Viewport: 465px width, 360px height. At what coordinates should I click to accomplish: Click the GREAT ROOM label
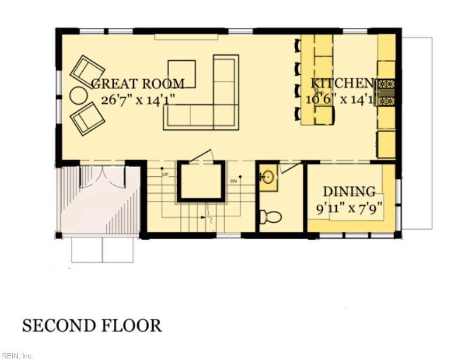[138, 84]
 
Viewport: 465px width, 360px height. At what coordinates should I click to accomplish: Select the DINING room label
[349, 191]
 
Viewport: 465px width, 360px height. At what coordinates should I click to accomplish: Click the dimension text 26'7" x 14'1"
[138, 100]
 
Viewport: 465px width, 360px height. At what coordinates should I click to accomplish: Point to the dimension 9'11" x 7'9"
[349, 208]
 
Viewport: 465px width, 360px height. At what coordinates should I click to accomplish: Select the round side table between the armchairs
[78, 95]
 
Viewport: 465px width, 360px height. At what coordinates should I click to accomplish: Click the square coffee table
[182, 74]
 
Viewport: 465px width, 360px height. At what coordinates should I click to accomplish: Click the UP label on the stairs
[165, 174]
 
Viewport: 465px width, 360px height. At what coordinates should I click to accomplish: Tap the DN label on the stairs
[233, 181]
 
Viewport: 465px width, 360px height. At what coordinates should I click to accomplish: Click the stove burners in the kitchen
[386, 92]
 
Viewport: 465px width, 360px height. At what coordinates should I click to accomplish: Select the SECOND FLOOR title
[92, 325]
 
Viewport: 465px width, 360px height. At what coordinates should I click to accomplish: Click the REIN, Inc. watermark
[17, 356]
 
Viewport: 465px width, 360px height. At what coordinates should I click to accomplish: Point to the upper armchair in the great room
[87, 71]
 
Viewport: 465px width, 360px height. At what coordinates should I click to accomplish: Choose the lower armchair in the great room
[87, 119]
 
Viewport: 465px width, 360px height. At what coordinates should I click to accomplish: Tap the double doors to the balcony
[103, 177]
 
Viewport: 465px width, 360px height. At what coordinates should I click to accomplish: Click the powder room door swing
[290, 168]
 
